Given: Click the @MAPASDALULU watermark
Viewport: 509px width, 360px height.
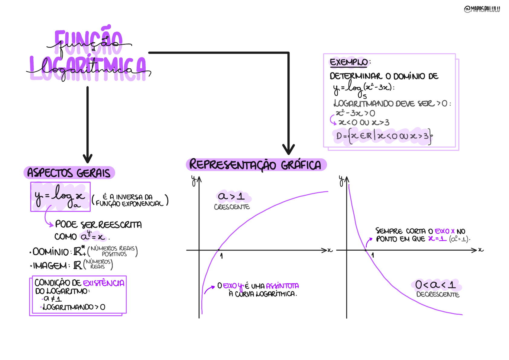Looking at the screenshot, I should coord(482,9).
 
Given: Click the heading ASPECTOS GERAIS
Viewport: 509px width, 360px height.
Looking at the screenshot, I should coord(69,173).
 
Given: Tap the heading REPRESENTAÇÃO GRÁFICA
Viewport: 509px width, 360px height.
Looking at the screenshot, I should coord(255,165).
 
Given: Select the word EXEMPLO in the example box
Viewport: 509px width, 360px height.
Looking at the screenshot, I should coord(349,62).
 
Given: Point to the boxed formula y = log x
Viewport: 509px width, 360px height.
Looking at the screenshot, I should coord(60,197).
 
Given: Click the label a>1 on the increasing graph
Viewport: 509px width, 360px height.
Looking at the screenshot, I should coord(232,196).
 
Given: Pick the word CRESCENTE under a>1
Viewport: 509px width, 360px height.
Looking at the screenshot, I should coord(232,207).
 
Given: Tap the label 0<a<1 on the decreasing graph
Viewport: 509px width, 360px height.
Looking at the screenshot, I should coord(436,285).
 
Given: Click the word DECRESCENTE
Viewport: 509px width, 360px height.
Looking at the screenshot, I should coord(438,294).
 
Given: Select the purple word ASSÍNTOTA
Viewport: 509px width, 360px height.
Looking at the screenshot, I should coord(282,286).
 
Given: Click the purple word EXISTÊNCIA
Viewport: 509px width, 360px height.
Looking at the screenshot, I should coord(104,283).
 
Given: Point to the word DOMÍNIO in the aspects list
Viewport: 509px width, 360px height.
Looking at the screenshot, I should coord(51,252).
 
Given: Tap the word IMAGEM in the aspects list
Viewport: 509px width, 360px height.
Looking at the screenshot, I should coord(50,266).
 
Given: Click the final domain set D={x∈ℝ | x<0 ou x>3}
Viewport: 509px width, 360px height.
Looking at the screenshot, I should coord(384,136).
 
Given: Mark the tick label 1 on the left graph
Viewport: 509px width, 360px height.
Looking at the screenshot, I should coord(222,256).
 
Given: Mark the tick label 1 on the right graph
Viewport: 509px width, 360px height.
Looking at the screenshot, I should coord(373,255).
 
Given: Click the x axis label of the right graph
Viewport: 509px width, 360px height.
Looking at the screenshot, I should coord(481,250).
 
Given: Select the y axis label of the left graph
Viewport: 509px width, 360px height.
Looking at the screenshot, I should coord(193,180).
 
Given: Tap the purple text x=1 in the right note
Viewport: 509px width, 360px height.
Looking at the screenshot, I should coord(437,239).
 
